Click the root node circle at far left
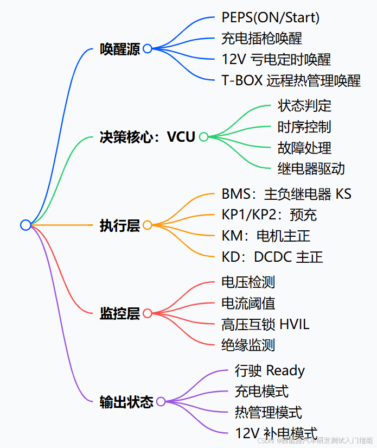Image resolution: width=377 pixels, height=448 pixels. coord(25,225)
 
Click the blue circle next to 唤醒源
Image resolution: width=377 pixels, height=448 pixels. coord(148,49)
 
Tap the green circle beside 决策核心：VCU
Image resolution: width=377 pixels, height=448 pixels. coord(203,137)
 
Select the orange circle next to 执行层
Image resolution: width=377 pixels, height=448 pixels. coord(148,225)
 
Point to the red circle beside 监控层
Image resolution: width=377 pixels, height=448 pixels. coord(148,313)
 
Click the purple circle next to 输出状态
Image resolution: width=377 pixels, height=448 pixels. coord(161,402)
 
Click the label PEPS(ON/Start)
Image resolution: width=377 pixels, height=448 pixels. coord(270,17)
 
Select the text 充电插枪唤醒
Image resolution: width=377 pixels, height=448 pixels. coord(261,39)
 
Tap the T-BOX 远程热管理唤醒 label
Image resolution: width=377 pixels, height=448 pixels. coord(291,81)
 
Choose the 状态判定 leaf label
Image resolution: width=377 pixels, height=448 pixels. coord(304,105)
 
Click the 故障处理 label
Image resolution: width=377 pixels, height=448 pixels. coord(304,148)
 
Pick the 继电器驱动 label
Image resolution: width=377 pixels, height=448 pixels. coord(311,168)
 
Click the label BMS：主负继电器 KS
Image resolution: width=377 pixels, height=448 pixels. coord(286,194)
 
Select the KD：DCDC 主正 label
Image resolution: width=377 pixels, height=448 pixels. coord(272,257)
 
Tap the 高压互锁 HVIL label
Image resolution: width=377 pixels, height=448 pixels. coord(265,324)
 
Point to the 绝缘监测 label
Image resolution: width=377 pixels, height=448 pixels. coord(248,345)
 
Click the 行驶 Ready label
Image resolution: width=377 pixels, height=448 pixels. coord(270,371)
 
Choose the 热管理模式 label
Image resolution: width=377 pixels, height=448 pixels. coord(268,412)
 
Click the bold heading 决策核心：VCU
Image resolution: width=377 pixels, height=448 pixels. coord(147,137)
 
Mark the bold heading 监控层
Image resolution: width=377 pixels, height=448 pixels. coord(119,313)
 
